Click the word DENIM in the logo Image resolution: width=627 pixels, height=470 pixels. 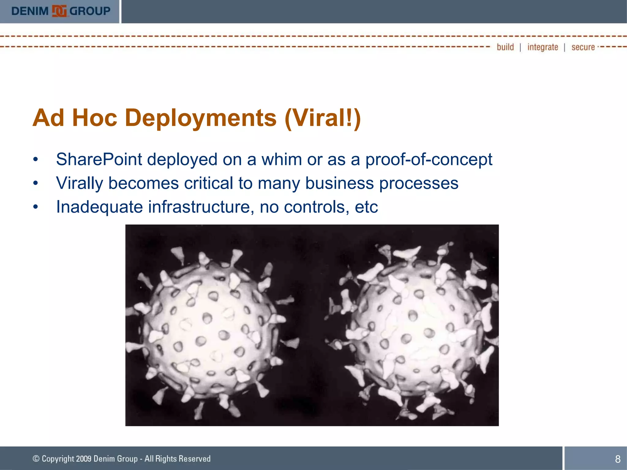pyautogui.click(x=30, y=11)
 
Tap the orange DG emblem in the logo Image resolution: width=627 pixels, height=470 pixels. pyautogui.click(x=59, y=11)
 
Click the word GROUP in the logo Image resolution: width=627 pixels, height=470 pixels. pyautogui.click(x=90, y=11)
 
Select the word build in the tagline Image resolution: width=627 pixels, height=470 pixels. pyautogui.click(x=505, y=47)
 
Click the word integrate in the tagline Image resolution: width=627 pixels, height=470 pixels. pyautogui.click(x=543, y=47)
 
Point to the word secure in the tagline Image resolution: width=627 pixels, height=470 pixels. pyautogui.click(x=583, y=47)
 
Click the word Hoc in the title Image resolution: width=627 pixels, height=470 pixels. pyautogui.click(x=95, y=118)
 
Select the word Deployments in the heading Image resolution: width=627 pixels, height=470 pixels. pyautogui.click(x=201, y=118)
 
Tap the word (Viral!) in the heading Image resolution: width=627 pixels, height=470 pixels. pyautogui.click(x=323, y=118)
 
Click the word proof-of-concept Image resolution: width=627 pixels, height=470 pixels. pyautogui.click(x=429, y=159)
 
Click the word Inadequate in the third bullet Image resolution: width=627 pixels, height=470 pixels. pyautogui.click(x=99, y=207)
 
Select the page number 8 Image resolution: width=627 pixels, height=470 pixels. pyautogui.click(x=618, y=459)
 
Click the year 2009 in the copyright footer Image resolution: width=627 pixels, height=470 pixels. pyautogui.click(x=84, y=459)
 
